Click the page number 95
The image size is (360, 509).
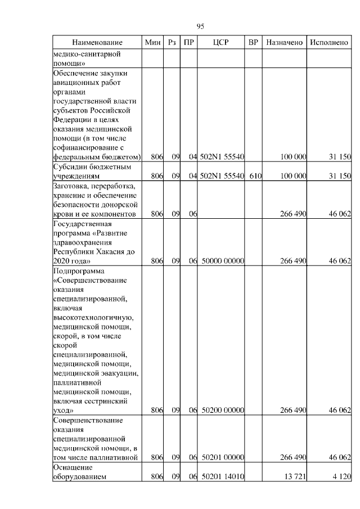(200, 26)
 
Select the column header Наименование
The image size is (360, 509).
(97, 43)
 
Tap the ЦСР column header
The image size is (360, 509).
(221, 43)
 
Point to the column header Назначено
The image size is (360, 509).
(285, 43)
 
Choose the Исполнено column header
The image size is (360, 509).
(329, 43)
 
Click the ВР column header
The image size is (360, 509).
(254, 43)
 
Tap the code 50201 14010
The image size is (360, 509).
(222, 476)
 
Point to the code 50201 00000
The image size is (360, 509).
(222, 457)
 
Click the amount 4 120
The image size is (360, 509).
(339, 476)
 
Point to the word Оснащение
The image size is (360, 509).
(72, 467)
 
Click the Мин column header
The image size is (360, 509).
(152, 43)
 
